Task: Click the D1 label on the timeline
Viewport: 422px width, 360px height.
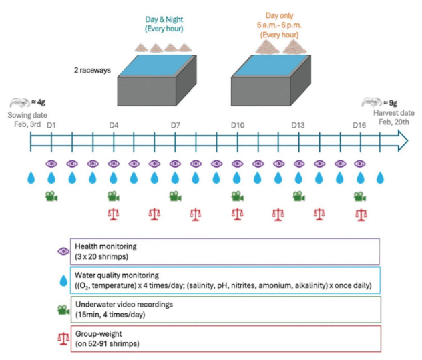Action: coord(51,125)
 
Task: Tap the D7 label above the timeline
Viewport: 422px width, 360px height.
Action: coord(175,125)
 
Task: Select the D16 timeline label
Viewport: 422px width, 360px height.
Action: coord(360,125)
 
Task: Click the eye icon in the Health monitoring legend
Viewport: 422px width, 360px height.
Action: coord(63,251)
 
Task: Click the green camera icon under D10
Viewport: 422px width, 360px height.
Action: coord(237,196)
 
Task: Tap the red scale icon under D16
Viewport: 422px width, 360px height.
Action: coord(361,214)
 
